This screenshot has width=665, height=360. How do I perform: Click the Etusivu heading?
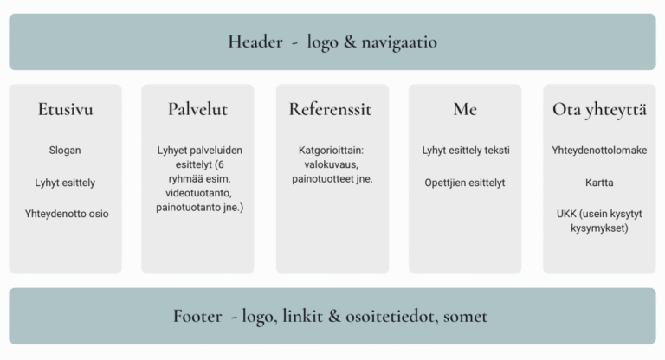pyautogui.click(x=65, y=109)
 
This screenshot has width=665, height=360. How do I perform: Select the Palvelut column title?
pyautogui.click(x=197, y=109)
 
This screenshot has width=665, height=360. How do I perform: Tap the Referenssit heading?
pyautogui.click(x=331, y=109)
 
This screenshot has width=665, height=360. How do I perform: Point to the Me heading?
pyautogui.click(x=465, y=109)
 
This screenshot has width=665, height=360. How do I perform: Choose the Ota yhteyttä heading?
pyautogui.click(x=599, y=110)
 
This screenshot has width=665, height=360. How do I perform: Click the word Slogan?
pyautogui.click(x=65, y=150)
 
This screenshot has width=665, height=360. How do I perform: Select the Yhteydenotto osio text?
pyautogui.click(x=67, y=214)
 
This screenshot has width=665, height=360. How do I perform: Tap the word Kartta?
pyautogui.click(x=599, y=183)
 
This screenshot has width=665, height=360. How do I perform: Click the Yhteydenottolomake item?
pyautogui.click(x=599, y=150)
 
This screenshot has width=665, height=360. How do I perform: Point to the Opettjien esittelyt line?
pyautogui.click(x=465, y=183)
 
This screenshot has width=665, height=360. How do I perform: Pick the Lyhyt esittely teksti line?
pyautogui.click(x=466, y=151)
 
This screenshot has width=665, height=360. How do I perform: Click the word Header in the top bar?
pyautogui.click(x=255, y=42)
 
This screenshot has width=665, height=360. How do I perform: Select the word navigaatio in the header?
pyautogui.click(x=399, y=42)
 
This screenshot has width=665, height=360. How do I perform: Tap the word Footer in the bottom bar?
pyautogui.click(x=197, y=317)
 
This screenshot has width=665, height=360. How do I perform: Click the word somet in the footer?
pyautogui.click(x=465, y=317)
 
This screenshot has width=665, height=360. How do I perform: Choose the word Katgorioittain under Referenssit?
pyautogui.click(x=332, y=150)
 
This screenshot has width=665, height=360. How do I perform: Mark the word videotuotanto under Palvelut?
pyautogui.click(x=198, y=193)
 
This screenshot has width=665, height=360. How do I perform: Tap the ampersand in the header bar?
pyautogui.click(x=350, y=42)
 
